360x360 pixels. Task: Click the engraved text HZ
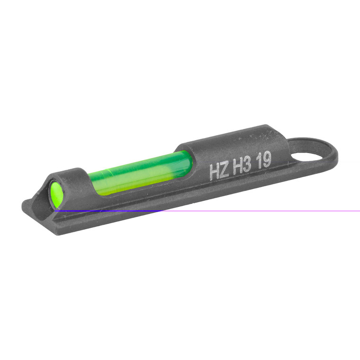tap(219, 171)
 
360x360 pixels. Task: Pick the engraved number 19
tap(264, 162)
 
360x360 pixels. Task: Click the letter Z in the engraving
tap(225, 170)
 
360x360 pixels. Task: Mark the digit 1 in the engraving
tap(260, 163)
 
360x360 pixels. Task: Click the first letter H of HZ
tap(214, 172)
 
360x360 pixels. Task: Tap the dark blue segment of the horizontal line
tap(109, 211)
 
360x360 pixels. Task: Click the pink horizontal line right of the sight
tap(261, 211)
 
